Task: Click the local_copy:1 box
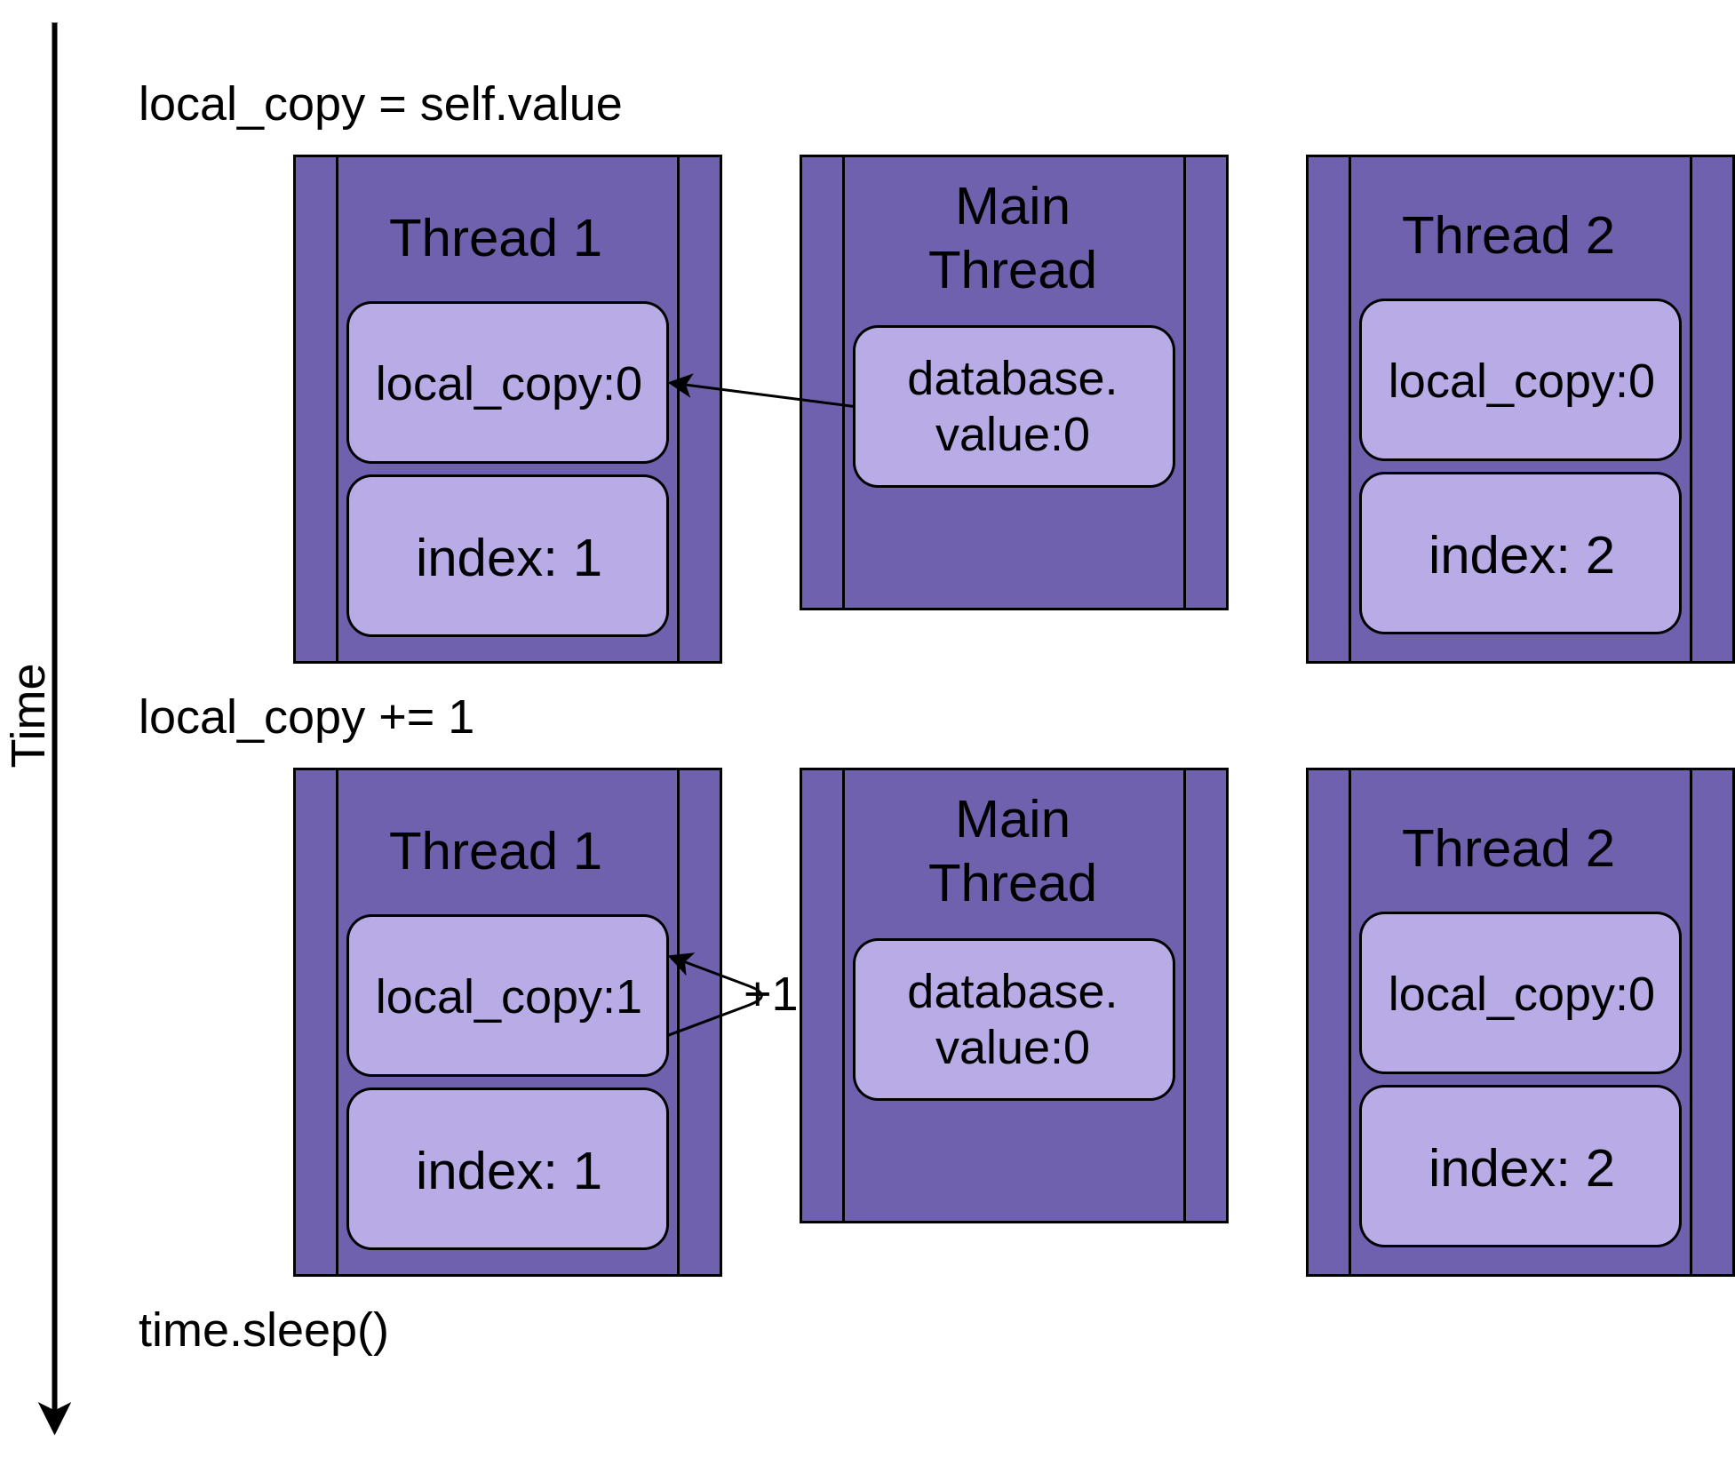(507, 995)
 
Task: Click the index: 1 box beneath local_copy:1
(507, 1169)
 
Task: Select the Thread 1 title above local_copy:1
(496, 851)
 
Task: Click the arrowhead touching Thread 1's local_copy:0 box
(678, 384)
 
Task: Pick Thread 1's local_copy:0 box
(507, 382)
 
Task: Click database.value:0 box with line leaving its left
(1014, 406)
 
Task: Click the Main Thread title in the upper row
(1013, 238)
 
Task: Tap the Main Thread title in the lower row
(1013, 851)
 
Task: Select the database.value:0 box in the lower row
(1014, 1019)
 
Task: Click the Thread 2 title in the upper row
(1508, 235)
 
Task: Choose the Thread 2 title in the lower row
(1508, 849)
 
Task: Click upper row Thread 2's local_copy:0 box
(1520, 380)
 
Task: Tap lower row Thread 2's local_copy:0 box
(1520, 993)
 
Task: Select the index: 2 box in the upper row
(1520, 554)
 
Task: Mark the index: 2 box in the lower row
(1520, 1167)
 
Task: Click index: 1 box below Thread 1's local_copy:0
(507, 556)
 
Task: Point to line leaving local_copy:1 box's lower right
(695, 1025)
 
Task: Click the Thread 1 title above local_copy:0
(496, 238)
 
